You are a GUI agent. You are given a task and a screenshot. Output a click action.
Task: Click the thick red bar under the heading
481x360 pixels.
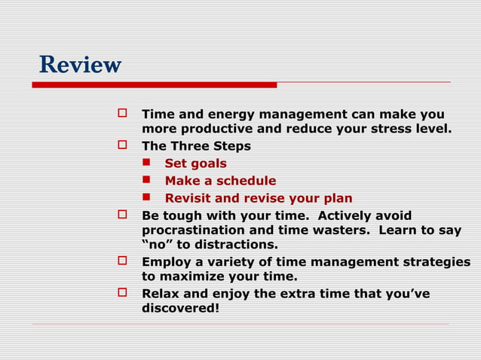(154, 85)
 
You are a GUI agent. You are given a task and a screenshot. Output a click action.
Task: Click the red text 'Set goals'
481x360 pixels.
(195, 163)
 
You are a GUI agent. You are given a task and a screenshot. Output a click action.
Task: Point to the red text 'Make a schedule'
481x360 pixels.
(220, 181)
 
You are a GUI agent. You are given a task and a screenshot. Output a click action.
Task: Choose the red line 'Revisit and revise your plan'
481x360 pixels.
(258, 199)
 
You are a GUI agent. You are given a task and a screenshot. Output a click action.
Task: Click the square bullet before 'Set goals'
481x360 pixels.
(149, 163)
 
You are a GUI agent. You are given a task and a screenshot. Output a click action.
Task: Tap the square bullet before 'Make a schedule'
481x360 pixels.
(149, 181)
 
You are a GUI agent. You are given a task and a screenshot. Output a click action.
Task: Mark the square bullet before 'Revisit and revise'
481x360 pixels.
(149, 199)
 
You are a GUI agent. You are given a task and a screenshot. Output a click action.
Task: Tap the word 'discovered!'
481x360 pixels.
(181, 307)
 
